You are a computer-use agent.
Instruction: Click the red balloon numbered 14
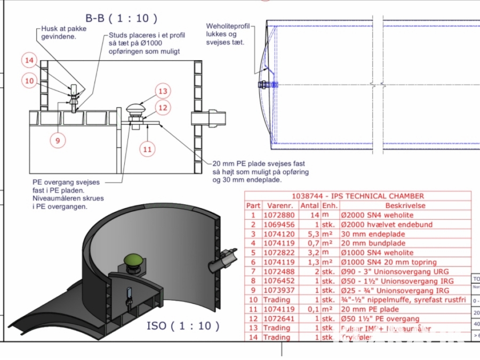[x=30, y=61]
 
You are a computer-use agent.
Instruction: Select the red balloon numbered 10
[x=30, y=81]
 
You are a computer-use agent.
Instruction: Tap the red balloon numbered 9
[x=58, y=140]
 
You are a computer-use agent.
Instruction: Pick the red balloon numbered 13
[x=163, y=91]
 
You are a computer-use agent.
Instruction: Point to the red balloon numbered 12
[x=163, y=108]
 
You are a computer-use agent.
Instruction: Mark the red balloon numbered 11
[x=148, y=149]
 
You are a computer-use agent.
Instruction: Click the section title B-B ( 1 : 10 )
[x=122, y=19]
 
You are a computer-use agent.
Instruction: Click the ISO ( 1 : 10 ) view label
[x=183, y=325]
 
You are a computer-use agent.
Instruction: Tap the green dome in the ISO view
[x=133, y=260]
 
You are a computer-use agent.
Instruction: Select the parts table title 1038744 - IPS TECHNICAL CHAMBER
[x=357, y=196]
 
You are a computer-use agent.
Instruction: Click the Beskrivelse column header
[x=405, y=205]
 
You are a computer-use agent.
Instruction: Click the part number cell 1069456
[x=279, y=225]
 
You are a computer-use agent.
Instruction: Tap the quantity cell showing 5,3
[x=309, y=234]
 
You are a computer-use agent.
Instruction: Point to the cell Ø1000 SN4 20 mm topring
[x=389, y=262]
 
